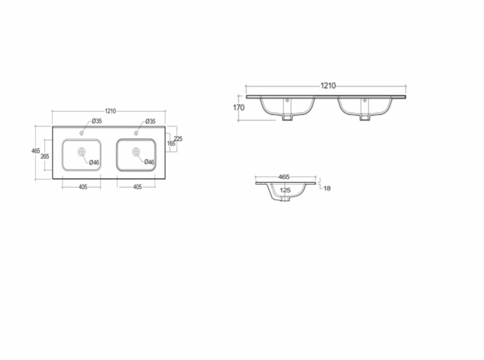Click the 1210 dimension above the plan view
pyautogui.click(x=110, y=111)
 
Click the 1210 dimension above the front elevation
pyautogui.click(x=328, y=86)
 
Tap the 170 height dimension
pyautogui.click(x=239, y=108)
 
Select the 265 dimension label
pyautogui.click(x=45, y=156)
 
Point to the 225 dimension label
pyautogui.click(x=178, y=139)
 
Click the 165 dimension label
pyautogui.click(x=171, y=144)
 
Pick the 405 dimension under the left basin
pyautogui.click(x=83, y=187)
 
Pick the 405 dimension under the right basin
pyautogui.click(x=137, y=187)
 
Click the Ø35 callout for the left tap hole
pyautogui.click(x=97, y=121)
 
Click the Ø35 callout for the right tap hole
pyautogui.click(x=151, y=121)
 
